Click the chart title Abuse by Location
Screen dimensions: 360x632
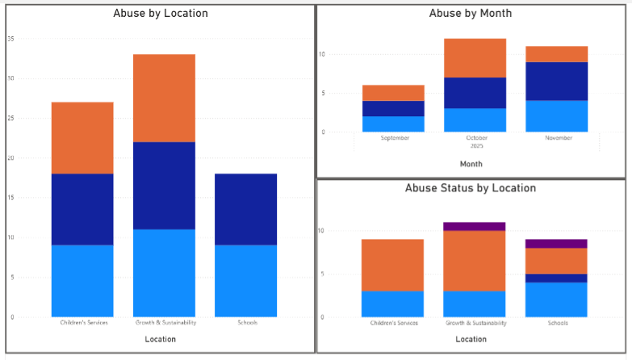[x=160, y=14]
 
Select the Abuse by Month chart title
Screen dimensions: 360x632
[x=471, y=14]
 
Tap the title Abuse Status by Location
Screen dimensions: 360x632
[x=471, y=188]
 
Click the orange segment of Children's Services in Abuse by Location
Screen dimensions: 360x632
[x=82, y=137]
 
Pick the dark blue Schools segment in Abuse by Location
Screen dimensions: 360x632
[x=246, y=210]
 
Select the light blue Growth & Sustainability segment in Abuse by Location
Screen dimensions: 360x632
[x=165, y=273]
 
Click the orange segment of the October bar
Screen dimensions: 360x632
[x=475, y=58]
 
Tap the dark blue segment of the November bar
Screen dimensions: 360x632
[x=556, y=81]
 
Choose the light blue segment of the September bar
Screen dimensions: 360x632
[x=394, y=123]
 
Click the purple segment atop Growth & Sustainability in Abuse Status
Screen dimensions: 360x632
[x=475, y=227]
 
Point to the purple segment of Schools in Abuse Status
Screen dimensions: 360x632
[x=556, y=243]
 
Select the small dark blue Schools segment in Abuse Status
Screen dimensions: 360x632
[x=556, y=278]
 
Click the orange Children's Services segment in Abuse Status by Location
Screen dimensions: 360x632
[x=392, y=265]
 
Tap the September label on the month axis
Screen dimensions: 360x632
[x=395, y=138]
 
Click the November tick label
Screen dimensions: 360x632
[x=557, y=138]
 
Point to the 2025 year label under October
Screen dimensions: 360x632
[x=475, y=146]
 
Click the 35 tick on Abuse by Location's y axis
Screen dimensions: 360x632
[x=10, y=38]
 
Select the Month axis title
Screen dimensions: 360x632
[x=471, y=164]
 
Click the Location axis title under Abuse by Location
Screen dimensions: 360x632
[x=160, y=339]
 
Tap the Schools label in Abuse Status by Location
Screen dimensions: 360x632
[x=556, y=323]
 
